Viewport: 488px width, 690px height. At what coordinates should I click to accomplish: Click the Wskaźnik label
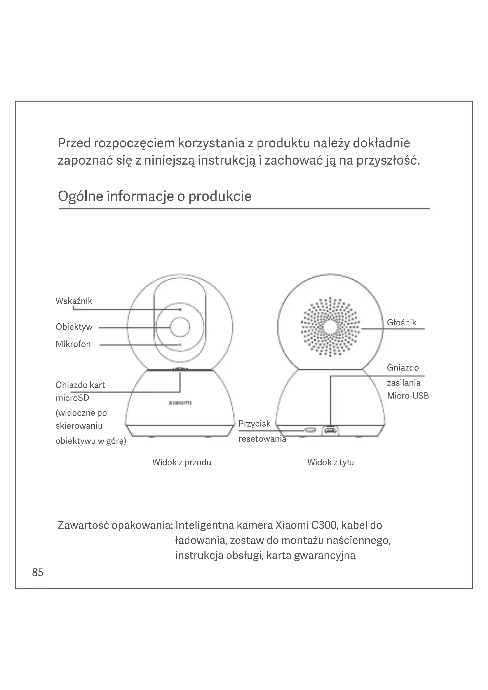coord(74,301)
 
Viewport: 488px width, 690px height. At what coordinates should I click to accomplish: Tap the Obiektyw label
coord(74,327)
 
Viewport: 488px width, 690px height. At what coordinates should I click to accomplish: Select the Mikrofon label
coord(73,344)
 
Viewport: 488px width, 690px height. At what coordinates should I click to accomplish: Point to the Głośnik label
coord(402,322)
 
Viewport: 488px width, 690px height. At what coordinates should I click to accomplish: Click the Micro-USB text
coord(408,396)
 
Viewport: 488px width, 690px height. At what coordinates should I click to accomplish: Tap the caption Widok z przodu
coord(181,462)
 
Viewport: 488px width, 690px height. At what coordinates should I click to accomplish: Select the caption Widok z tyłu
coord(330,462)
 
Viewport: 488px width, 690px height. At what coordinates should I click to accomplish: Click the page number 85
coord(37,573)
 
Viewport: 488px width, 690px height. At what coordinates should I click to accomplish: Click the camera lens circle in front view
coord(180,327)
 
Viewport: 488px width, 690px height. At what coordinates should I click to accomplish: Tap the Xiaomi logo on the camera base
coord(180,403)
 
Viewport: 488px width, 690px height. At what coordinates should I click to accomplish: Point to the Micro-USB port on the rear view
coord(330,431)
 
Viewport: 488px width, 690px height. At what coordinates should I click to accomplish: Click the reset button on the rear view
coord(310,430)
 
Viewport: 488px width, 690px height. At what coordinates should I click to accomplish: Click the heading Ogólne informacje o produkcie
coord(154,196)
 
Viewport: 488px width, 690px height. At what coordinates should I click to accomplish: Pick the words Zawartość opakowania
coord(115,525)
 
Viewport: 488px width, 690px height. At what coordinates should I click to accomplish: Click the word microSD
coord(72,398)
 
